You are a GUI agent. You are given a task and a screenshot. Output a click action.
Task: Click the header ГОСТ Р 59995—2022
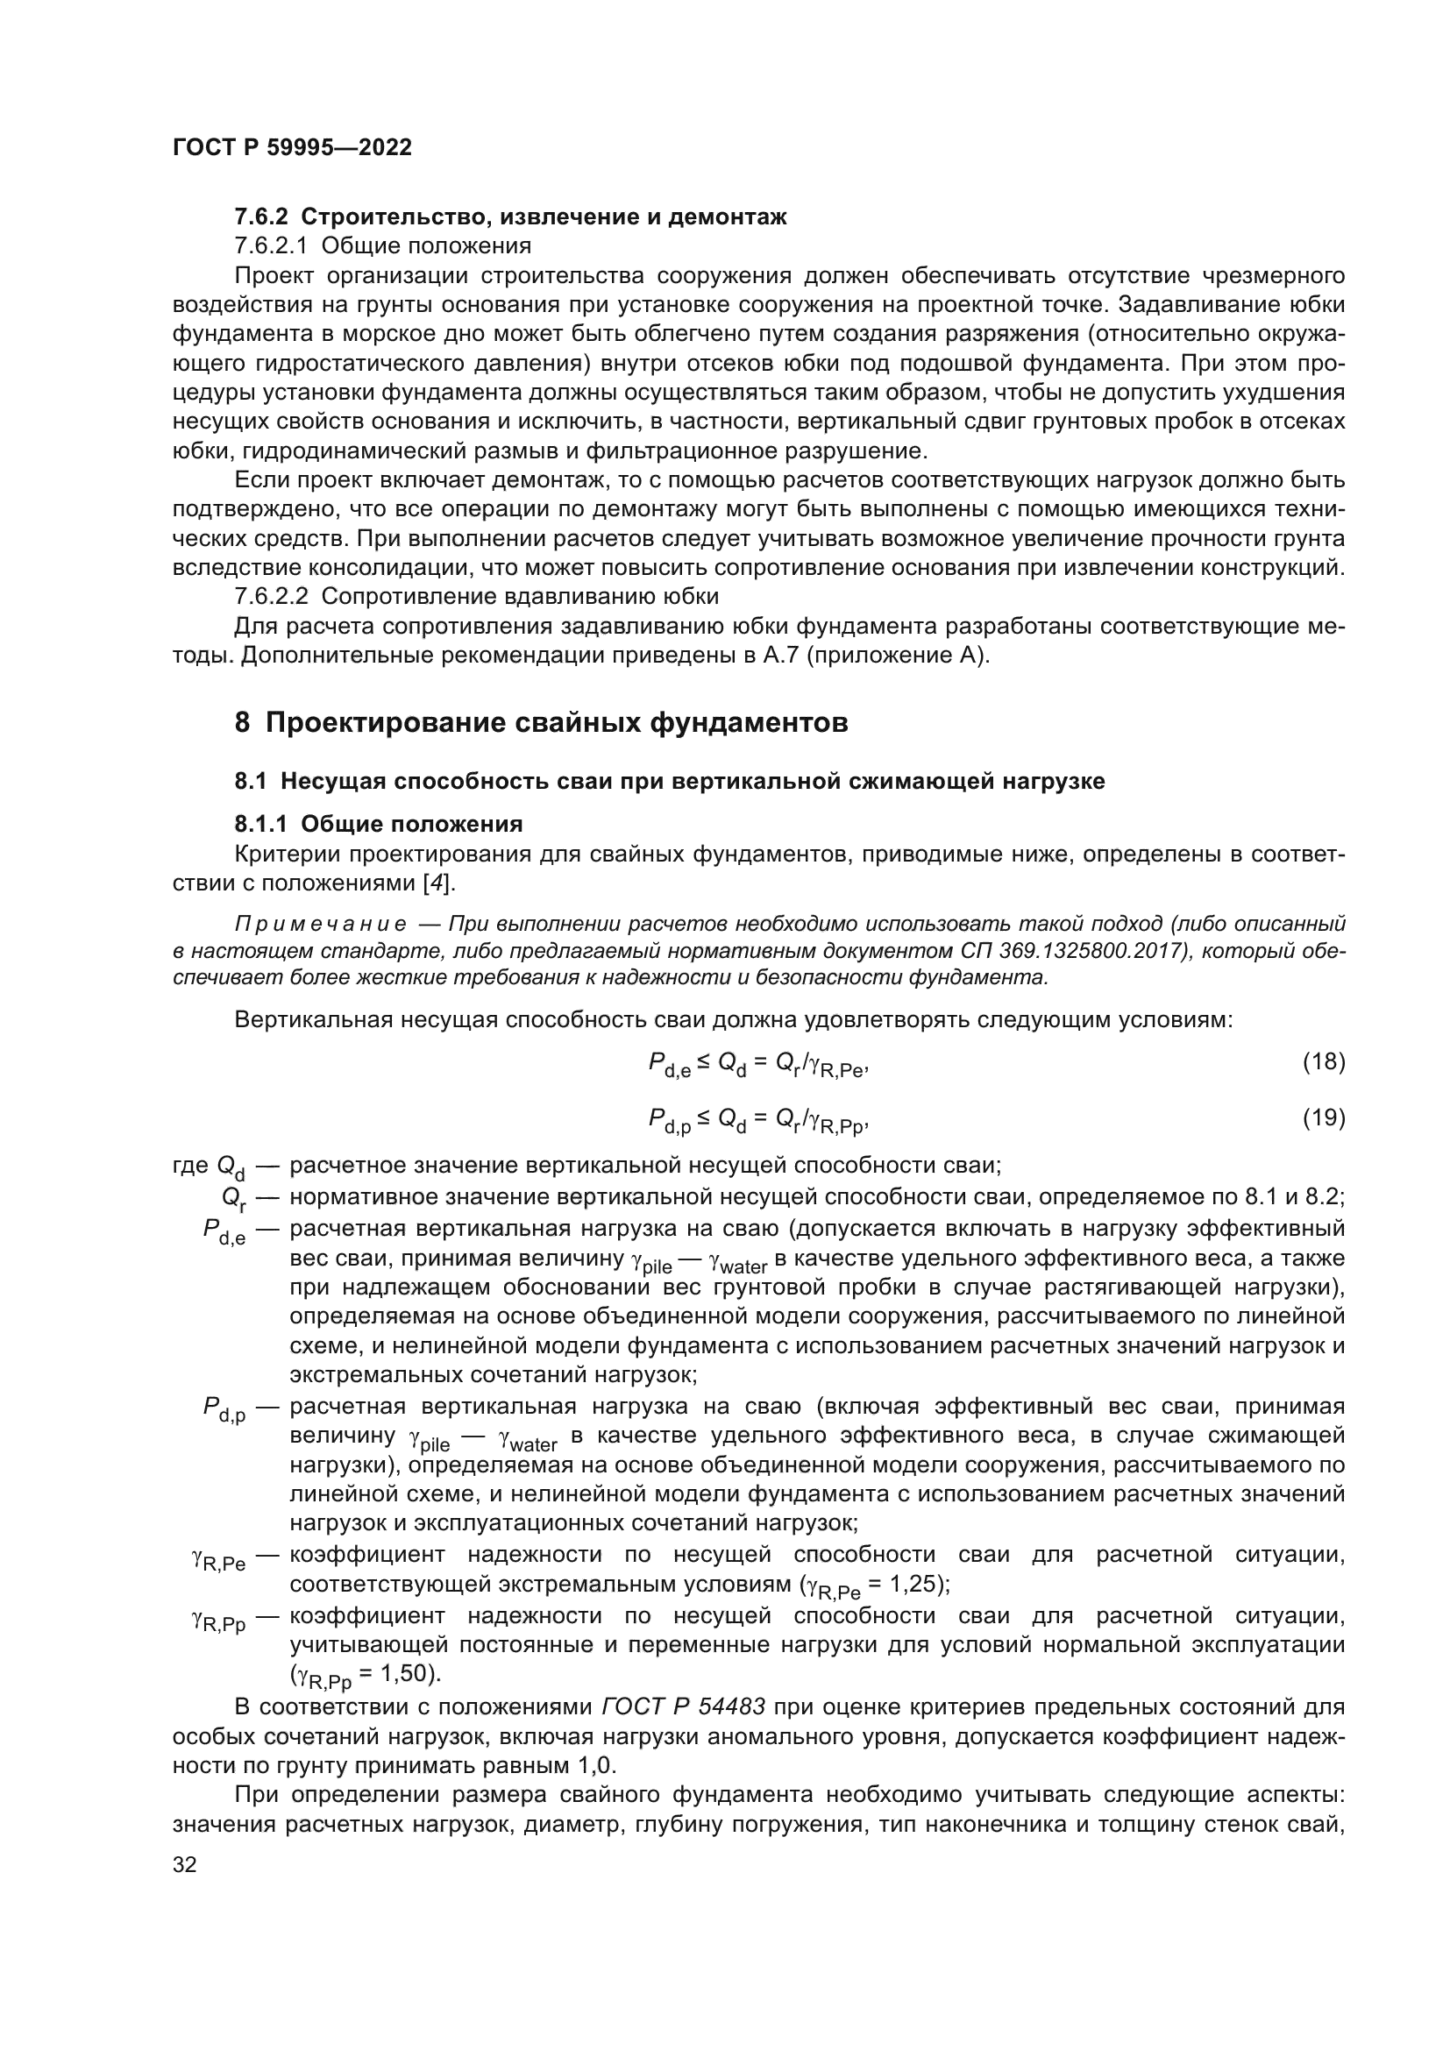point(292,147)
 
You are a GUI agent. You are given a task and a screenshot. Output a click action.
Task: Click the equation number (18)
point(1323,1061)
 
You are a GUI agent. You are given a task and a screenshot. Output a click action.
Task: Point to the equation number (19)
point(1323,1117)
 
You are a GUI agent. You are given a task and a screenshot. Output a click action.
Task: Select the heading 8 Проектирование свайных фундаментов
point(541,722)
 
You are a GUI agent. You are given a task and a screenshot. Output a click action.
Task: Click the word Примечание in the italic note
point(321,923)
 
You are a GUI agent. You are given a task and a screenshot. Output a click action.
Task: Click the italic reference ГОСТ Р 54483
point(683,1706)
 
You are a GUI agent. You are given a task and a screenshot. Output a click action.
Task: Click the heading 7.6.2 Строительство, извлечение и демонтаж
point(510,217)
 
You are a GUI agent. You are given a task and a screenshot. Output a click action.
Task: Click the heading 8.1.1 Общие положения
point(379,823)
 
